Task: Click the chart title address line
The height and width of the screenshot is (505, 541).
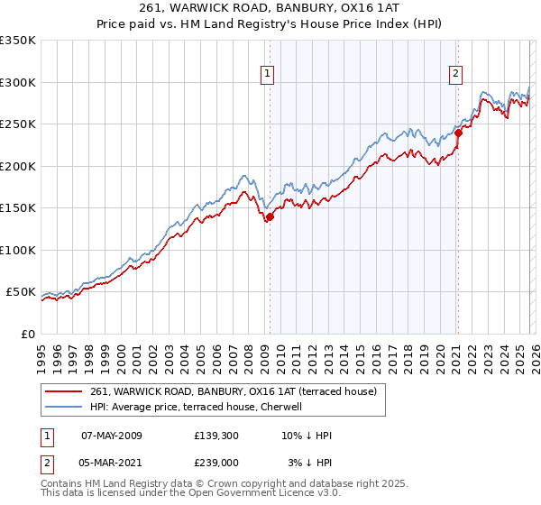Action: (x=270, y=7)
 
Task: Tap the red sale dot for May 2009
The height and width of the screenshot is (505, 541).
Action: (x=270, y=216)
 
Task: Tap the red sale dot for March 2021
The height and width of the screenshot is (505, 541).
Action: (x=458, y=133)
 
